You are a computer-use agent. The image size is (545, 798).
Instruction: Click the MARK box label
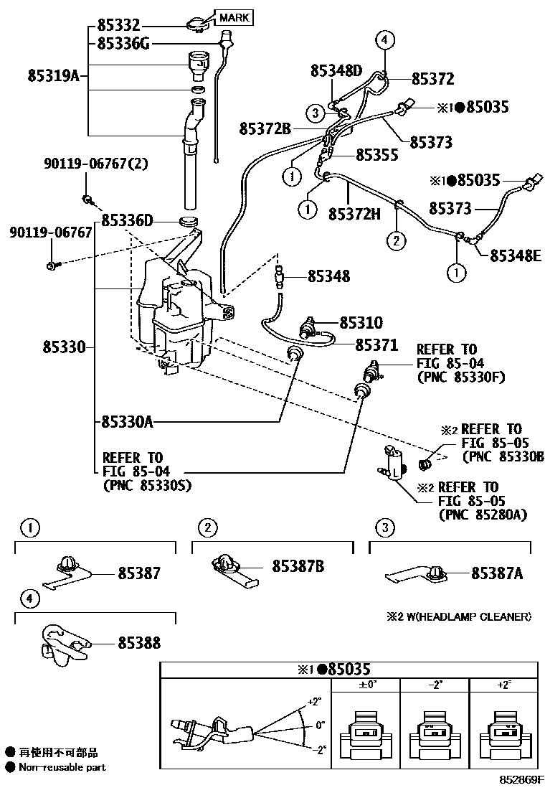point(234,17)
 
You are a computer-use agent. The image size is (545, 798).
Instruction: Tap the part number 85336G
point(124,44)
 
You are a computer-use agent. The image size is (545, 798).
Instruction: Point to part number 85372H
point(354,213)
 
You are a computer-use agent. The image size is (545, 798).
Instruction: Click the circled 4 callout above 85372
point(384,40)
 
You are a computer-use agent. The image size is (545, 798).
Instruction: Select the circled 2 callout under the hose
point(394,240)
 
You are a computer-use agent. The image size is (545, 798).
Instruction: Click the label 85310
point(361,324)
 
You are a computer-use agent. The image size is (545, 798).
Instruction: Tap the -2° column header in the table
point(435,685)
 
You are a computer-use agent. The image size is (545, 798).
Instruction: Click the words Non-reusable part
point(62,767)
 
